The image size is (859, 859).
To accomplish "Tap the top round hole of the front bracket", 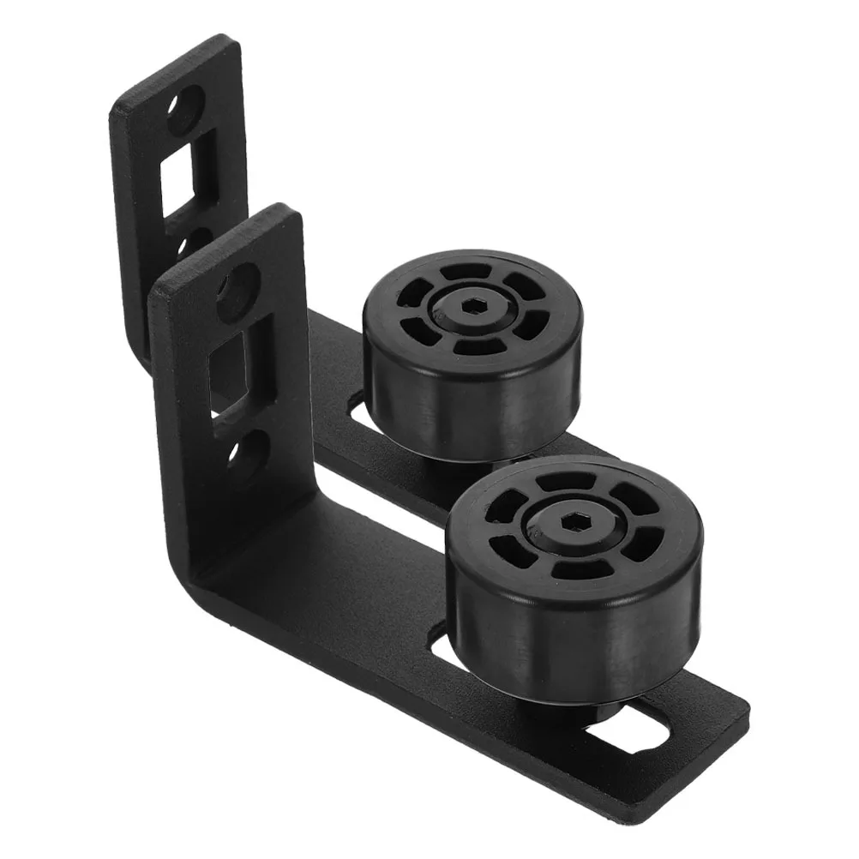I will pos(237,291).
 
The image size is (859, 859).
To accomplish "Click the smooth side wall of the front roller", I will pos(549,634).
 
